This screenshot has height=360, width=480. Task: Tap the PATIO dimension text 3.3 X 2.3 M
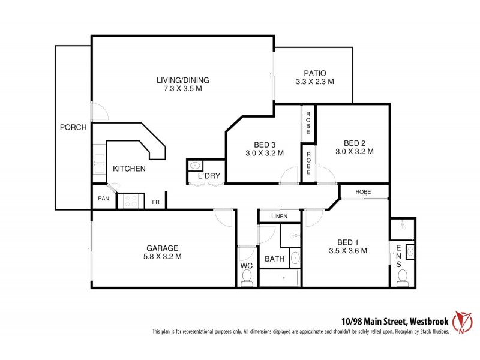pyautogui.click(x=314, y=81)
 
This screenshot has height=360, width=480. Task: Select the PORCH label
pyautogui.click(x=73, y=127)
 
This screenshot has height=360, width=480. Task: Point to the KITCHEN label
pyautogui.click(x=129, y=169)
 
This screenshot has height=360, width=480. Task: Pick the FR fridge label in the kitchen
pyautogui.click(x=155, y=202)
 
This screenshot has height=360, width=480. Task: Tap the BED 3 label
pyautogui.click(x=265, y=145)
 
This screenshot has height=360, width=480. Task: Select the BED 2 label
pyautogui.click(x=354, y=143)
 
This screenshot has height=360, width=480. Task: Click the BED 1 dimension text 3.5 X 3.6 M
pyautogui.click(x=348, y=251)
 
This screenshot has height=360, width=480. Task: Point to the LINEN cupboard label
pyautogui.click(x=279, y=217)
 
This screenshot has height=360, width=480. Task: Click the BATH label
pyautogui.click(x=274, y=259)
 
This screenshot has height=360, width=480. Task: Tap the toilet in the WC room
pyautogui.click(x=246, y=277)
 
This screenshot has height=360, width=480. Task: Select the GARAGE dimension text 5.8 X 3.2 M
pyautogui.click(x=163, y=256)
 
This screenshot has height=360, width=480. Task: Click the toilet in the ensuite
pyautogui.click(x=402, y=276)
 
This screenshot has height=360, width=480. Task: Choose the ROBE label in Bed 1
pyautogui.click(x=363, y=192)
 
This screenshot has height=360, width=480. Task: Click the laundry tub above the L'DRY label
pyautogui.click(x=196, y=166)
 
